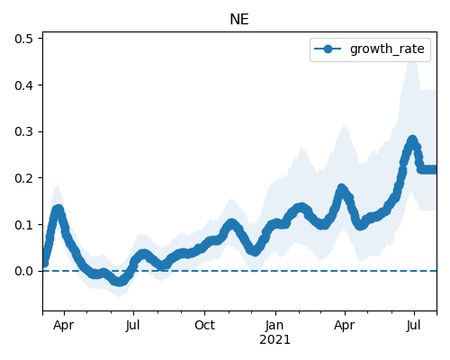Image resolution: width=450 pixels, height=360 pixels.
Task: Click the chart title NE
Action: pos(239,20)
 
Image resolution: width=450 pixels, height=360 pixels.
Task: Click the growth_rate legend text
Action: pos(387,49)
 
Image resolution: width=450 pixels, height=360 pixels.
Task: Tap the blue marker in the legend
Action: pos(328,49)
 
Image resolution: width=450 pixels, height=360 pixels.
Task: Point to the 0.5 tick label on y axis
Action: pos(24,39)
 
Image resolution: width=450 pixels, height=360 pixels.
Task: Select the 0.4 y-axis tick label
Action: pos(24,85)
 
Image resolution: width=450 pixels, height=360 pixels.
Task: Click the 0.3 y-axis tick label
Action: pos(24,131)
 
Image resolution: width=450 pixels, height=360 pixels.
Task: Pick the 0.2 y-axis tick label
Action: pos(24,178)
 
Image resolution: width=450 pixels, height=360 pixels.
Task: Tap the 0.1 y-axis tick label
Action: pos(24,225)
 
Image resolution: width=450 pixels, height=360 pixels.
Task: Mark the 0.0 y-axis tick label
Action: pos(24,271)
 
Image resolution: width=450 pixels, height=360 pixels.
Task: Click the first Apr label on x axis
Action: pos(64,326)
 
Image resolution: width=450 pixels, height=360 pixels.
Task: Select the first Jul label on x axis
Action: pos(133,326)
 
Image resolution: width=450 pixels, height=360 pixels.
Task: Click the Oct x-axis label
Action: pos(204,326)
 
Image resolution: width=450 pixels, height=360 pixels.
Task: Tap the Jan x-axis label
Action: pos(274,326)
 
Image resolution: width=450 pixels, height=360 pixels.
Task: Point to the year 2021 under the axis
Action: pos(274,340)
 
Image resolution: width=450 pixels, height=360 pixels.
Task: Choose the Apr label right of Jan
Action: pos(345,326)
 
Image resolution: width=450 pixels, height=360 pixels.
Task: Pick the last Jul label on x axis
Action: pos(414,326)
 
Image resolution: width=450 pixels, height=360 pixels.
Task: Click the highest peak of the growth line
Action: pos(413,139)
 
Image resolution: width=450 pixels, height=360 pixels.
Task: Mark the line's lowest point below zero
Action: pos(119,282)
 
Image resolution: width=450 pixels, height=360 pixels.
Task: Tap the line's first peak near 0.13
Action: pos(58,209)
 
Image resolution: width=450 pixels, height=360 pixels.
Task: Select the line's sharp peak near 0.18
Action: pos(341,188)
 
